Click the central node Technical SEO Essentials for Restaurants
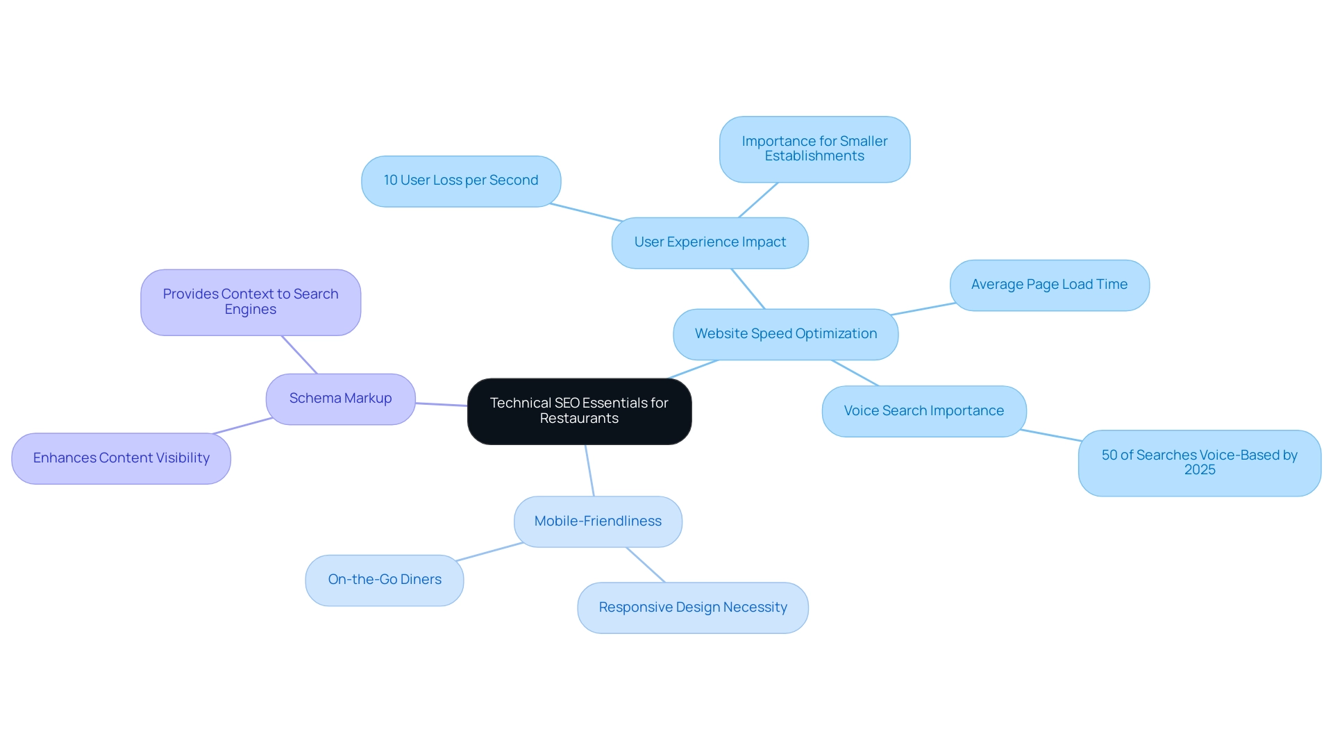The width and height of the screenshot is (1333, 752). [x=579, y=411]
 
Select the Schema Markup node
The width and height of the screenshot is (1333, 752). [x=340, y=399]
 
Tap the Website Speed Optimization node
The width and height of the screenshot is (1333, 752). [x=785, y=334]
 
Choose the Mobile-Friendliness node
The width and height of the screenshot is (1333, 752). [x=598, y=521]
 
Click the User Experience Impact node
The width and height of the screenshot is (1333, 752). [x=710, y=242]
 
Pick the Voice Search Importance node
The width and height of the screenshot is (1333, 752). [x=923, y=411]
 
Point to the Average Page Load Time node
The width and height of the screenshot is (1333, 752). [x=1049, y=285]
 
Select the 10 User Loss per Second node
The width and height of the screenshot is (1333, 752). [x=461, y=181]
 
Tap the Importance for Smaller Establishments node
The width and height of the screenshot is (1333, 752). [x=814, y=149]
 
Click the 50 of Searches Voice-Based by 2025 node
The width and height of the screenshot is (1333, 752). [x=1199, y=462]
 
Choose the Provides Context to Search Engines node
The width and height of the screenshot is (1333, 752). [x=251, y=302]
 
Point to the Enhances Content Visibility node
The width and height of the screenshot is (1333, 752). [x=121, y=458]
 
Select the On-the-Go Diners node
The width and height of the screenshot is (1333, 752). [x=385, y=580]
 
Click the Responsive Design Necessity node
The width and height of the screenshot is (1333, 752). [x=693, y=608]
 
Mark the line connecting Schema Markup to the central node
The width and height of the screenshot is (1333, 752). [x=442, y=404]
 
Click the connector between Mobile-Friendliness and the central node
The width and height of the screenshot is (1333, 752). [x=589, y=471]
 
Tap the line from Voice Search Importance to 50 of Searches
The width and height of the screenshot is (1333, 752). [x=1051, y=435]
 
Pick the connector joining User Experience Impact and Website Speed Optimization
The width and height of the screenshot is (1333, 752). [x=748, y=289]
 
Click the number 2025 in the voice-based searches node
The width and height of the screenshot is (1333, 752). [x=1200, y=470]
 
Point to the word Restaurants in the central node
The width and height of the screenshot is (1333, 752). [x=579, y=419]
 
